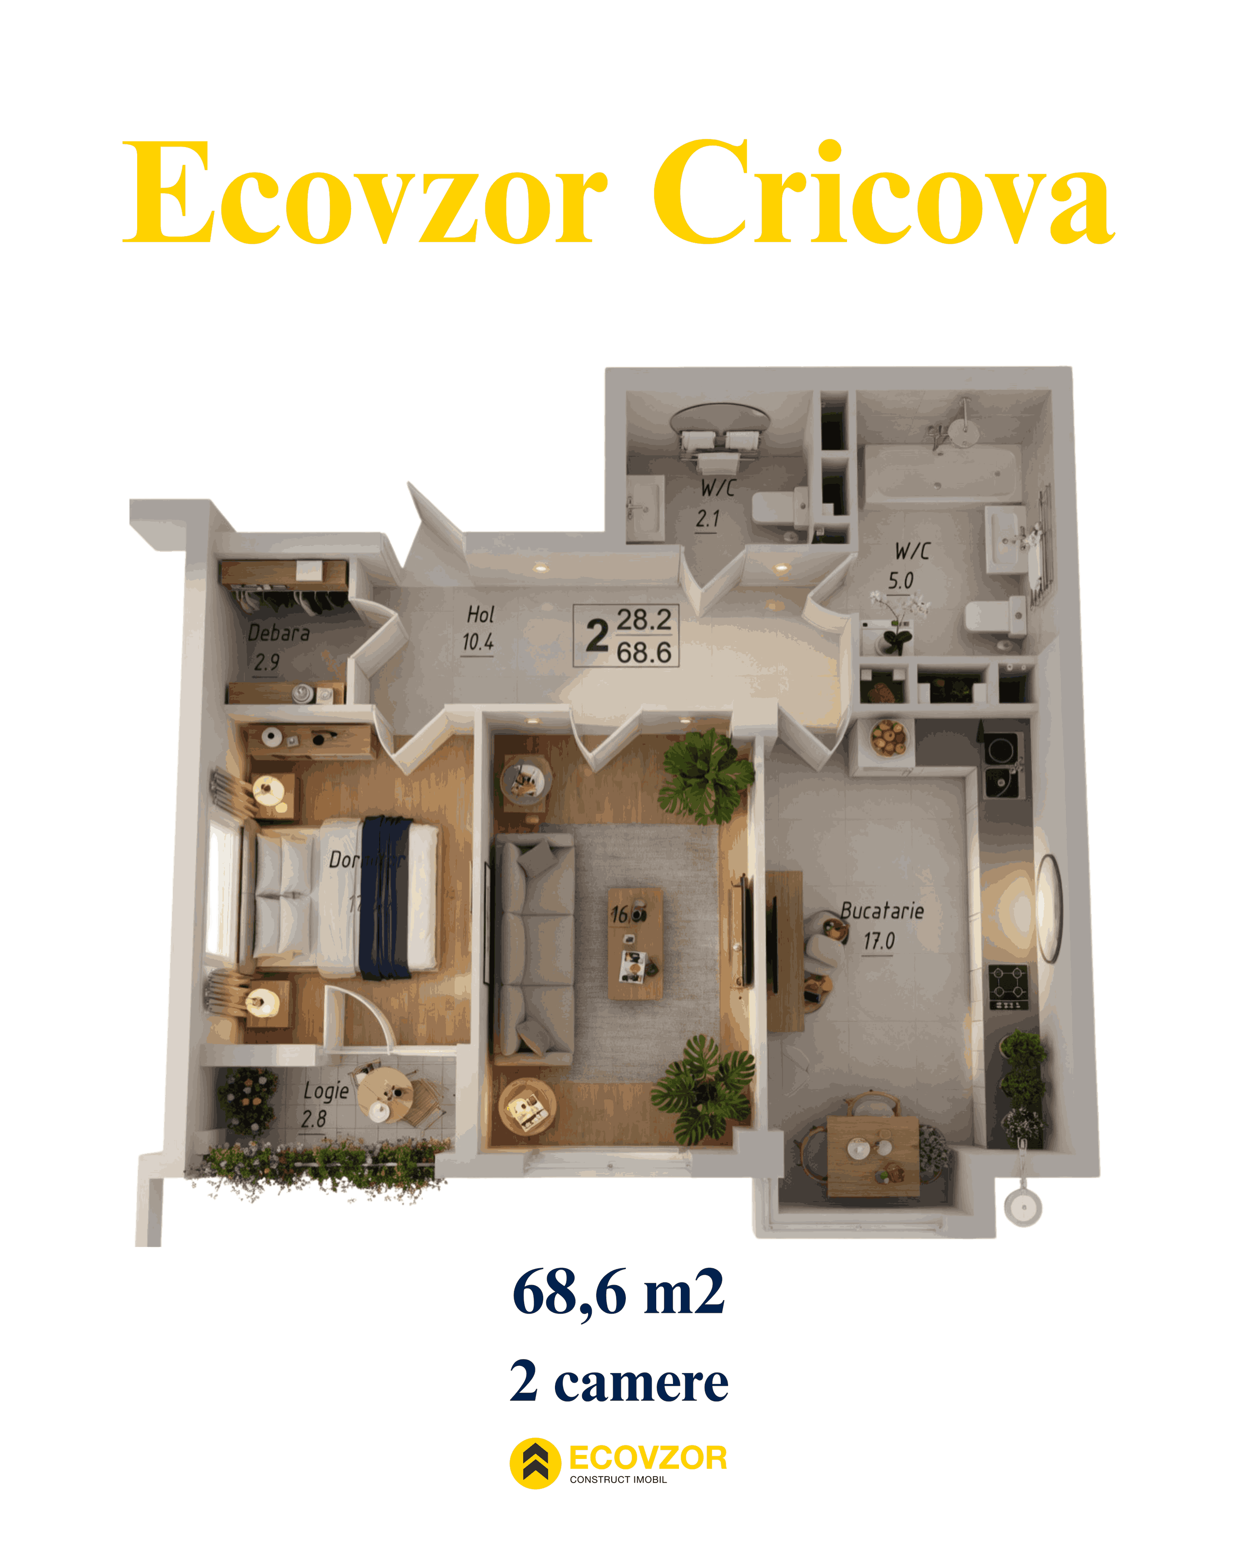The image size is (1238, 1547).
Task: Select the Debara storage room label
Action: point(278,633)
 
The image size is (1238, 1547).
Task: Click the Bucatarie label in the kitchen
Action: point(881,911)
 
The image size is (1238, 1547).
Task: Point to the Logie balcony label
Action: point(326,1091)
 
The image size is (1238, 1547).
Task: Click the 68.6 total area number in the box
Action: point(644,652)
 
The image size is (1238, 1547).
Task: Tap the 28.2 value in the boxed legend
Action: point(644,620)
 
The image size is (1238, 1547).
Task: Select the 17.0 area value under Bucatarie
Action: point(878,941)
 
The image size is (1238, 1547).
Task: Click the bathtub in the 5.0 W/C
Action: point(940,473)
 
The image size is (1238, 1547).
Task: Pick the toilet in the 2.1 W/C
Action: point(779,508)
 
